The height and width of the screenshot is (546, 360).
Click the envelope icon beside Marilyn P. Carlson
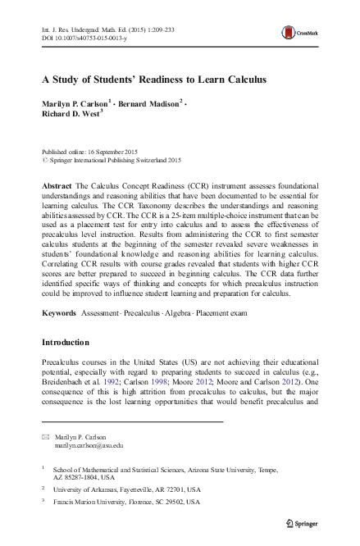[45, 437]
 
